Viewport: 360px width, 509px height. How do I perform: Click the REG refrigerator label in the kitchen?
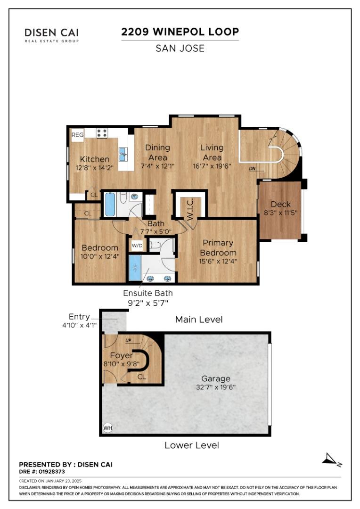77,135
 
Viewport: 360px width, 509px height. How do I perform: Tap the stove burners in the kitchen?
102,133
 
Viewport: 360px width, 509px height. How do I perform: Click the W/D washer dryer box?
137,246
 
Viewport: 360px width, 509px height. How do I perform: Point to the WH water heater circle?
108,428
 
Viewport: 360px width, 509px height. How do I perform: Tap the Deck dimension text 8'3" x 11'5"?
280,213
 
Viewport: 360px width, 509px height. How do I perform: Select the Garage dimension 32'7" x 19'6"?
216,387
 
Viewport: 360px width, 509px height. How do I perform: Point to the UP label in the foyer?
128,340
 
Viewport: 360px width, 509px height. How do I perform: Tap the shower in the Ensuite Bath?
135,268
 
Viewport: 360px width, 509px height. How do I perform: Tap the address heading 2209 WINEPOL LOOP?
180,32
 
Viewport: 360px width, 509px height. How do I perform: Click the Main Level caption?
199,320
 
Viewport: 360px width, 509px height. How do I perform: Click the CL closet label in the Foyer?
141,377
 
